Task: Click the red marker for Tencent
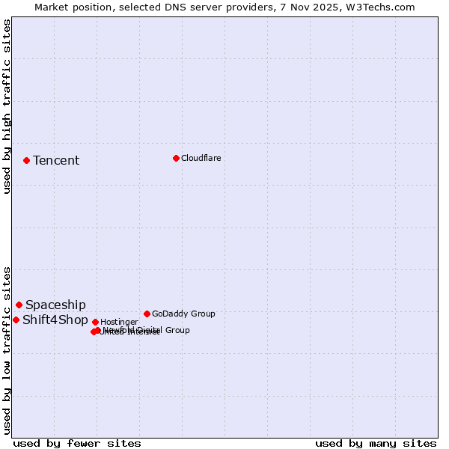(26, 160)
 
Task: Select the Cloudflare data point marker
(176, 158)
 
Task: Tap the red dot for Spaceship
(19, 305)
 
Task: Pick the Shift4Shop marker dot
(16, 320)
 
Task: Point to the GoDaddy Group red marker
(147, 314)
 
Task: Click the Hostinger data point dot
(95, 322)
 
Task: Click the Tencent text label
(56, 161)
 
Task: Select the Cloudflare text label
(201, 159)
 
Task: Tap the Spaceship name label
(55, 305)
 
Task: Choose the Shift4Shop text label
(55, 320)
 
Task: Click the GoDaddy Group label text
(183, 314)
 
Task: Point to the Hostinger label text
(119, 323)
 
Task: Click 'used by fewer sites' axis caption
(77, 444)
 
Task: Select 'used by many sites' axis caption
(376, 444)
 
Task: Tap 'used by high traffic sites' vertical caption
(7, 106)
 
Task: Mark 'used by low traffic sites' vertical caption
(7, 349)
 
